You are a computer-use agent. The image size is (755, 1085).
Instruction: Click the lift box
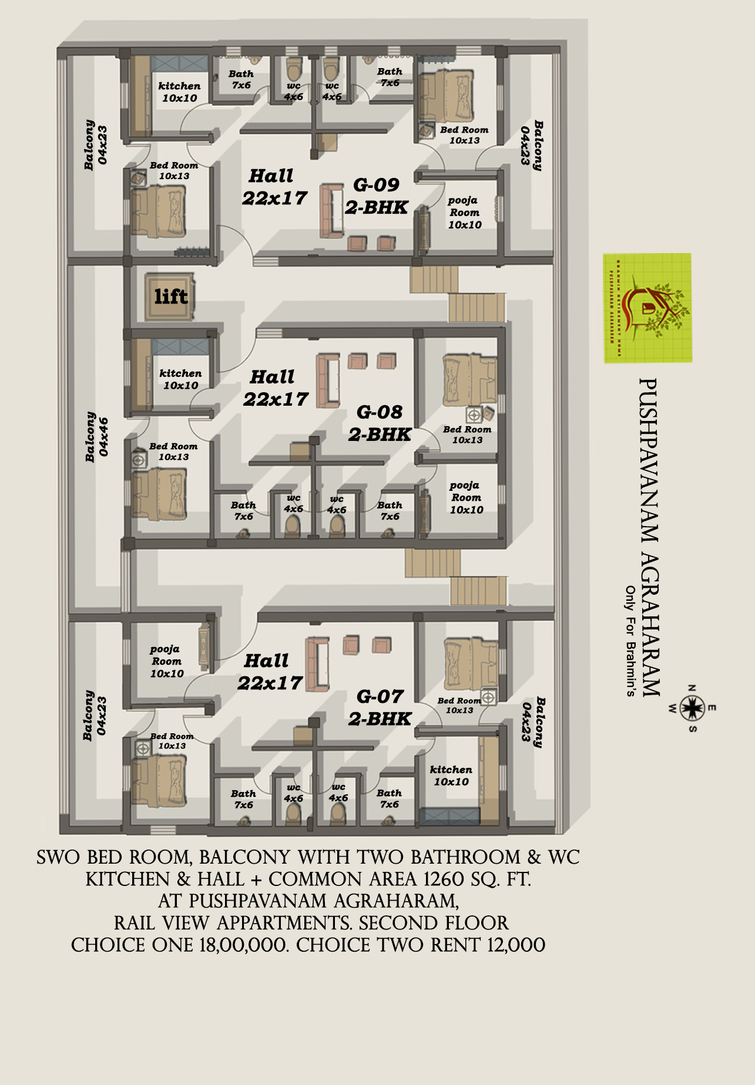(x=170, y=296)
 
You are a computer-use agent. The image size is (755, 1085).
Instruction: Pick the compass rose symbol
(x=693, y=708)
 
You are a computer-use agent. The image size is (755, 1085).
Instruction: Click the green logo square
(x=647, y=308)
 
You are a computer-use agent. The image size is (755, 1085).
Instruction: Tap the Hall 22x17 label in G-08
(x=274, y=388)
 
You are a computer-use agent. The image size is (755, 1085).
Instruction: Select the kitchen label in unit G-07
(x=451, y=775)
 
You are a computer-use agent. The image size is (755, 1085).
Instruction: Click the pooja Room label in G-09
(x=464, y=213)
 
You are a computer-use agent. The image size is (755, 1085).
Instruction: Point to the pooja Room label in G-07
(x=166, y=661)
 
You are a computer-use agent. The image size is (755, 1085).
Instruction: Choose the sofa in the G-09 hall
(x=332, y=211)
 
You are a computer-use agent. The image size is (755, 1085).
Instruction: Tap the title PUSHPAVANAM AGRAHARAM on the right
(x=649, y=537)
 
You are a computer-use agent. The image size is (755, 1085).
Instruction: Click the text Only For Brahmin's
(x=630, y=641)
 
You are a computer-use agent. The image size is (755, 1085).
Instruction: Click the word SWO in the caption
(x=59, y=857)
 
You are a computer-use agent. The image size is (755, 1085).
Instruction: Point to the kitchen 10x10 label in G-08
(x=180, y=379)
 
